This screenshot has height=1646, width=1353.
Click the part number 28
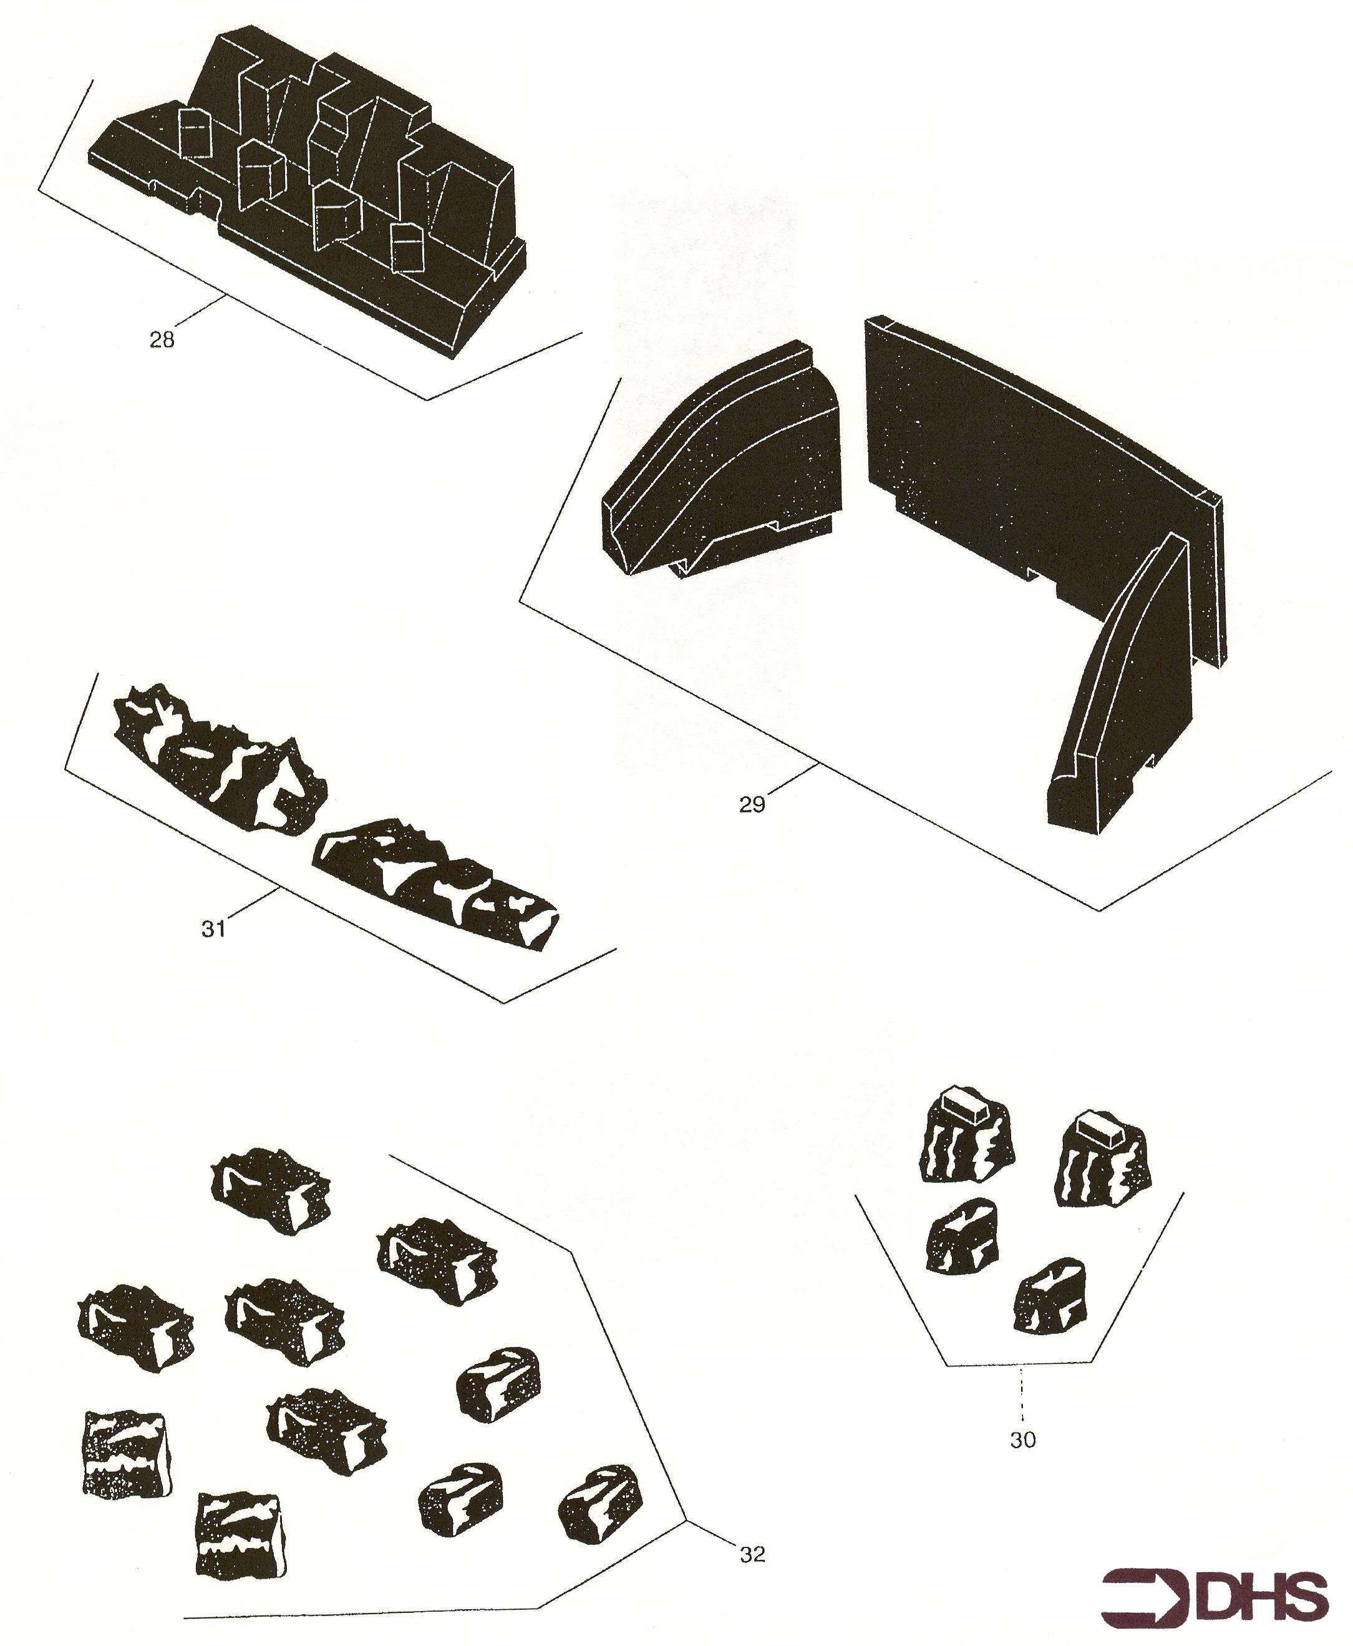coord(162,339)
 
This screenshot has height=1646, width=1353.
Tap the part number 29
coord(752,804)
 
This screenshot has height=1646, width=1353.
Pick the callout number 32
coord(752,1554)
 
